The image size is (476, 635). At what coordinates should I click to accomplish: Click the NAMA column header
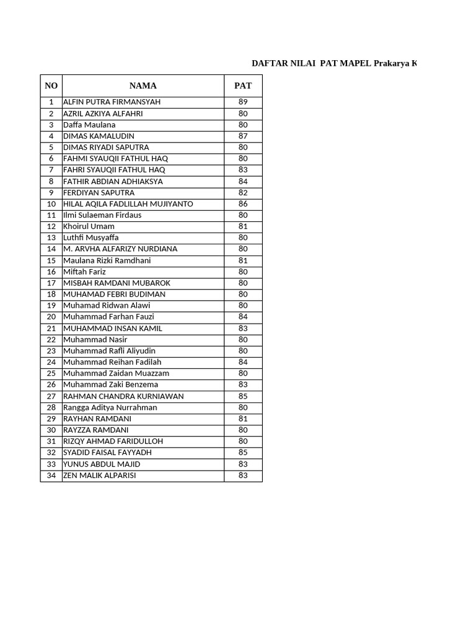pos(143,86)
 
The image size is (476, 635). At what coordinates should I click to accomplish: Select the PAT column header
pos(243,86)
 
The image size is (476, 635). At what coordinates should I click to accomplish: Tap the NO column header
pos(51,86)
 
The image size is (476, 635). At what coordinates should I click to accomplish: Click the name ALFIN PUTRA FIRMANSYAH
pos(112,102)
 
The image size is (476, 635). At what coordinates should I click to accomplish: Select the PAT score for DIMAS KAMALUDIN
pos(243,136)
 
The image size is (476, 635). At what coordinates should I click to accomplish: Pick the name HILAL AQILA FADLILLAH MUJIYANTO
pos(128,204)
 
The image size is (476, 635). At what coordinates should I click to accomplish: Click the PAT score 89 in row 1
pos(243,102)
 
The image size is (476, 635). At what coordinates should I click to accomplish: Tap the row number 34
pos(51,476)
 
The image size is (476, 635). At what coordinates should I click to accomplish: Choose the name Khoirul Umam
pos(89,226)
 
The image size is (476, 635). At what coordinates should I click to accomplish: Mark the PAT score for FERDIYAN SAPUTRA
pos(243,192)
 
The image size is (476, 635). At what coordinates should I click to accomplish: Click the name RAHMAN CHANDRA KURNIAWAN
pos(123,396)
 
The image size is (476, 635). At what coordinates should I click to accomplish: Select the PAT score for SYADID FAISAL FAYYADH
pos(243,453)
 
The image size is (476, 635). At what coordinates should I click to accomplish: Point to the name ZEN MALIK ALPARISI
pos(99,476)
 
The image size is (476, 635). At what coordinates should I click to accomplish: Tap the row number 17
pos(51,283)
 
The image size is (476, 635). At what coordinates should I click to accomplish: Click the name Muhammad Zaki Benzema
pos(110,384)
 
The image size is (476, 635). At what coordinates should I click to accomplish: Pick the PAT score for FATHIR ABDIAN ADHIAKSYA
pos(243,181)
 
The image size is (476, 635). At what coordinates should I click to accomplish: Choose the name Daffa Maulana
pos(89,125)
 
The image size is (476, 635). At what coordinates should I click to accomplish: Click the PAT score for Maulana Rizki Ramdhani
pos(243,260)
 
